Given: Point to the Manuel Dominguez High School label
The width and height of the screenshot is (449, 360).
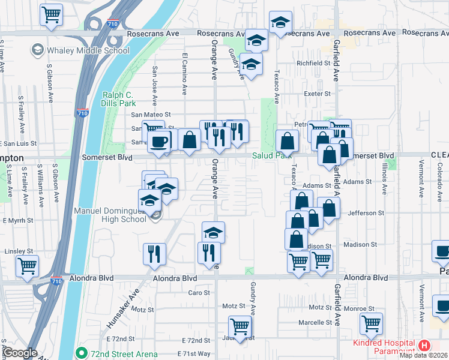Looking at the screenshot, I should click(x=110, y=215).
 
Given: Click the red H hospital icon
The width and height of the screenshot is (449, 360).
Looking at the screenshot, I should click(x=424, y=346).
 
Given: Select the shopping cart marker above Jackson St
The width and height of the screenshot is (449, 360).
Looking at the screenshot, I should click(x=240, y=328).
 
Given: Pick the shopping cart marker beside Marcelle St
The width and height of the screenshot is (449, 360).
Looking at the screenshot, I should click(x=371, y=325).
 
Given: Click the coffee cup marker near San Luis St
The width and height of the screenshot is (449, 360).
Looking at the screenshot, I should click(x=158, y=142).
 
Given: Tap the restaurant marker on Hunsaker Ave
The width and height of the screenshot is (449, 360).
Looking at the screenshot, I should click(x=154, y=254).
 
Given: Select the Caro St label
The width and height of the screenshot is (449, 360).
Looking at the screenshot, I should click(x=199, y=293).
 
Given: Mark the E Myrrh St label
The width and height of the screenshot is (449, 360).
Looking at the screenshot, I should click(x=18, y=221).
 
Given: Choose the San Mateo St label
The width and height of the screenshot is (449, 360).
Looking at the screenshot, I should click(x=151, y=114).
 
